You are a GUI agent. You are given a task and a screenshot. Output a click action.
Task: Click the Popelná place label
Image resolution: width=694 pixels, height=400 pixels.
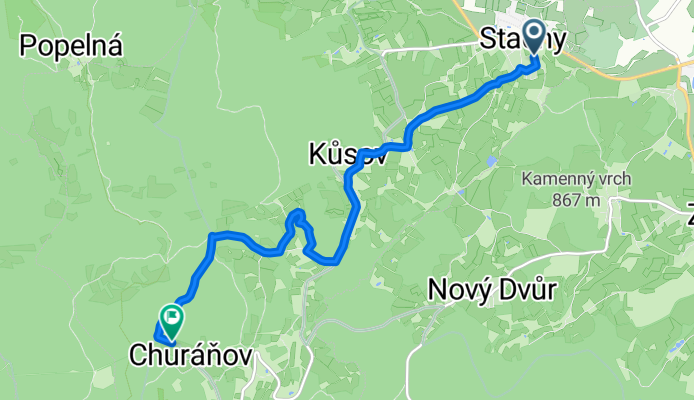point(70,45)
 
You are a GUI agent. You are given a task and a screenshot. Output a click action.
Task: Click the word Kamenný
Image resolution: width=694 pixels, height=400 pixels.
point(556,181)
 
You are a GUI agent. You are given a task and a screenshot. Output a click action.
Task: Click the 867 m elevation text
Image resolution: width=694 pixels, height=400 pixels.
point(576,198)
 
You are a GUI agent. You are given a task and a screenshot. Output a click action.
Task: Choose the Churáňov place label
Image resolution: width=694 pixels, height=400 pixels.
point(191,355)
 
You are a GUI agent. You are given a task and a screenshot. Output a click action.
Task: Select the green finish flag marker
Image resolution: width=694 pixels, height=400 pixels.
point(171,319)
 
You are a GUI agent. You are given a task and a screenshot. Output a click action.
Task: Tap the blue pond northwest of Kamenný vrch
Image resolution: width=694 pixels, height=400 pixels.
point(490,160)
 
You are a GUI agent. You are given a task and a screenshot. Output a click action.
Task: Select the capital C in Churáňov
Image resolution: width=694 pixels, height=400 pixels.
point(139,355)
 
